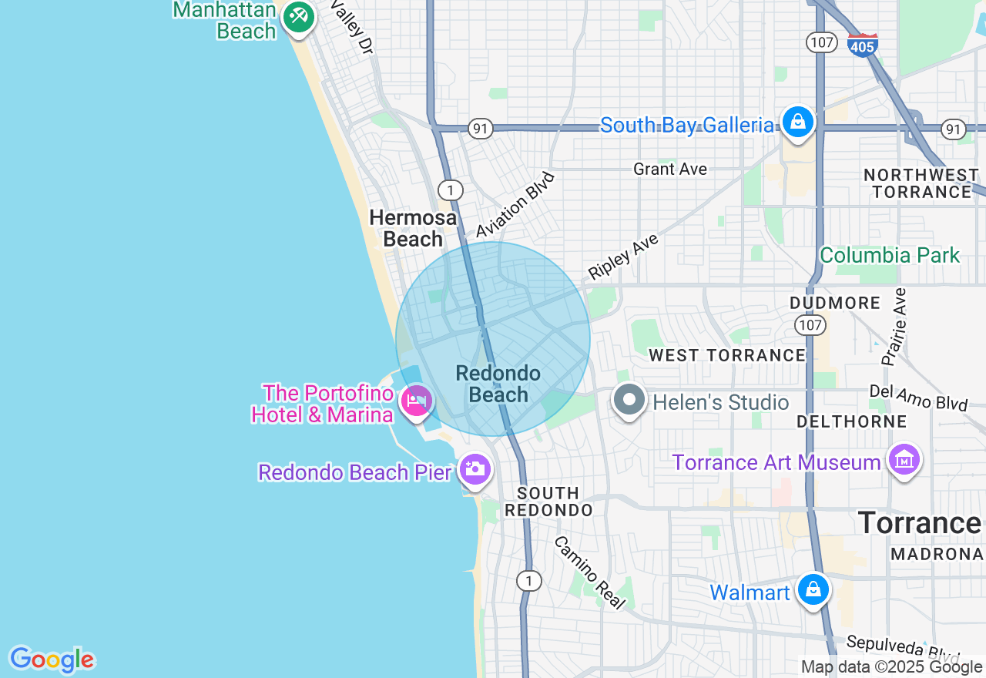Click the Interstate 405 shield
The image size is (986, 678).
point(862,44)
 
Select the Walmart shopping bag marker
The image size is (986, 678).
point(813,590)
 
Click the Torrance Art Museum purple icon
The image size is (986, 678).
point(904,460)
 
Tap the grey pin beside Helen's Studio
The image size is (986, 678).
point(629,401)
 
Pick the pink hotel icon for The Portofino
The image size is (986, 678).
point(417,401)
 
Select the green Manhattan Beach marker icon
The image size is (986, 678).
point(298,16)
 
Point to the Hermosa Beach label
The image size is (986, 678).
point(412,228)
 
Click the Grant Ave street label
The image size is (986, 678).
point(670,169)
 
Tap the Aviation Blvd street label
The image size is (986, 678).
point(515,205)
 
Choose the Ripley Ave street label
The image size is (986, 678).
point(623,257)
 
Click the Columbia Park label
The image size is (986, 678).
point(890,255)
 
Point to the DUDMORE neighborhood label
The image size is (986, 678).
point(834,303)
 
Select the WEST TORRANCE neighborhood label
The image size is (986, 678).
point(727,355)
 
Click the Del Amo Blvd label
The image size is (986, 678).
point(918,398)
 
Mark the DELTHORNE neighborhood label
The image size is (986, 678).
point(852,421)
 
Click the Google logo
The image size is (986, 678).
point(52,660)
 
